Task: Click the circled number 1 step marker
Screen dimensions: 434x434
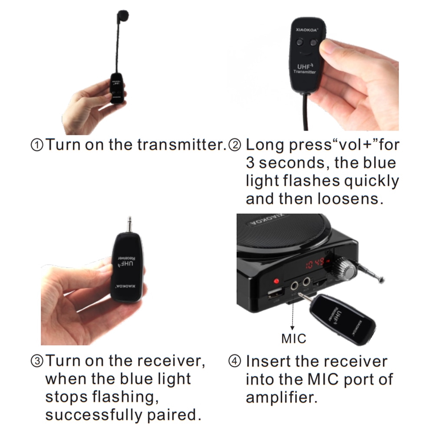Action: (x=37, y=145)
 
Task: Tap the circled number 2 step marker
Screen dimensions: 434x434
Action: (x=235, y=145)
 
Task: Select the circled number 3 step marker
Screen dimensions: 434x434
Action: (x=37, y=362)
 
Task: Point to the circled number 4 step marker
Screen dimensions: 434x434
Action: (x=235, y=362)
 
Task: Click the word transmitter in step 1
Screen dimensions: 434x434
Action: (x=181, y=145)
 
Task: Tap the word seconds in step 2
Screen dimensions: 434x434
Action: (x=294, y=163)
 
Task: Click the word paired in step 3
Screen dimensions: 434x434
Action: (x=174, y=414)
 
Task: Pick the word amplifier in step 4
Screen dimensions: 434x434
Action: (x=282, y=398)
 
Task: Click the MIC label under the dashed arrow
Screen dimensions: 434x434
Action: (x=294, y=339)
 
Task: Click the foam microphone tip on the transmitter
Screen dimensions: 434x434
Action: (x=122, y=16)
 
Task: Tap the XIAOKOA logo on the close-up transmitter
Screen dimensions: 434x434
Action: (x=307, y=30)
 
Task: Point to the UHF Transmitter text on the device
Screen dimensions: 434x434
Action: (x=305, y=69)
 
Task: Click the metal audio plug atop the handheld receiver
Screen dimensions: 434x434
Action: (x=129, y=224)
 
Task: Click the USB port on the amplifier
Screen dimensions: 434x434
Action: (x=276, y=293)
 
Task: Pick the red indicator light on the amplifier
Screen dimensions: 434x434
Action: (x=276, y=281)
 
